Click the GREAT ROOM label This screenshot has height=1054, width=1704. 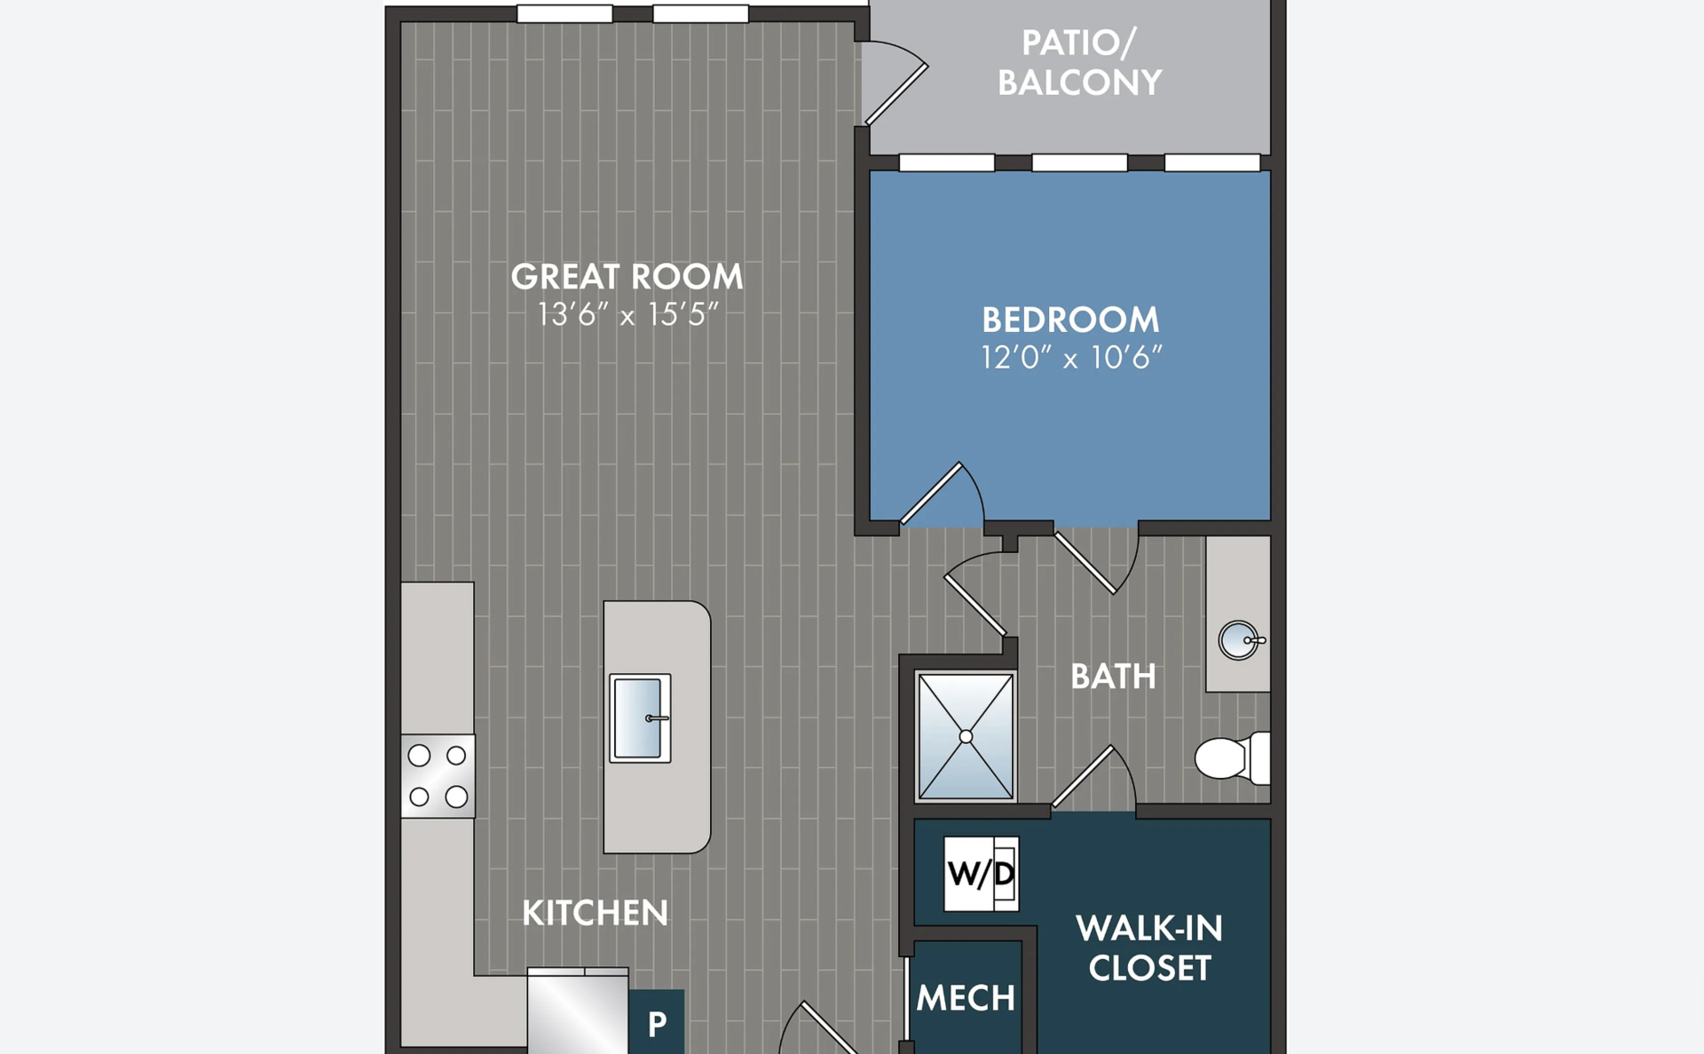[x=627, y=277]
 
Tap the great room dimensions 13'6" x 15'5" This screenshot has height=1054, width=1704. [x=627, y=314]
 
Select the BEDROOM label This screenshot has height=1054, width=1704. [x=1070, y=320]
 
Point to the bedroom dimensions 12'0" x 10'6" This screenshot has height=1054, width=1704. [x=1071, y=357]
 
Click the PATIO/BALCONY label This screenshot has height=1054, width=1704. [x=1079, y=63]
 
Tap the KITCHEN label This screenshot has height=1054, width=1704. [x=595, y=913]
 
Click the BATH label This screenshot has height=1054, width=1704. [x=1113, y=677]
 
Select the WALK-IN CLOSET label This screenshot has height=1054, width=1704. [x=1149, y=948]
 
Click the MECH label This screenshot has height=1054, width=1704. [x=966, y=998]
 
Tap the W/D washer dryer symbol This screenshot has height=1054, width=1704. [x=981, y=874]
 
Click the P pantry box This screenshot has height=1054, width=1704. [x=657, y=1022]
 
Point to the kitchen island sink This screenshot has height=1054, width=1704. [x=640, y=718]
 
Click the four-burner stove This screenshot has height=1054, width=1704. [x=438, y=776]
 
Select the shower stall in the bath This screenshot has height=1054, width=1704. [x=966, y=737]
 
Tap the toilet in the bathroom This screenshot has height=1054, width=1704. [x=1232, y=758]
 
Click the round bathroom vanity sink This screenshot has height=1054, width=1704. [x=1238, y=640]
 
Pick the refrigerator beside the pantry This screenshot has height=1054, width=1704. [x=578, y=1010]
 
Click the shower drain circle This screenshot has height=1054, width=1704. [x=966, y=737]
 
